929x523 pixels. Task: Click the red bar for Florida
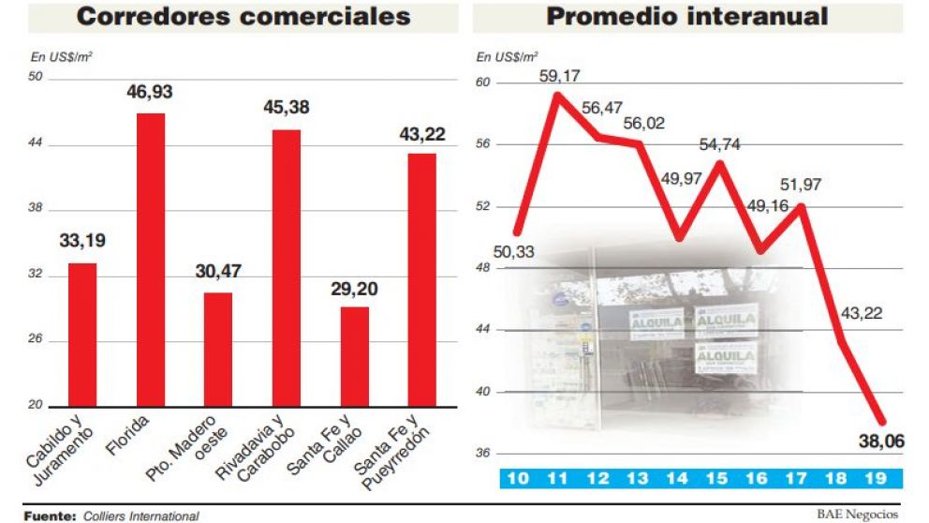[151, 260]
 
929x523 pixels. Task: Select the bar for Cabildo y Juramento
[82, 334]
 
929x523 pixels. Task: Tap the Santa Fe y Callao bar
[355, 356]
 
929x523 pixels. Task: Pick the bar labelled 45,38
[287, 267]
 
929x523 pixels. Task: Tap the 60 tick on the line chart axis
[484, 82]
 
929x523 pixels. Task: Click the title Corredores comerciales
[243, 16]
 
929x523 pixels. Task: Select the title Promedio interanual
[687, 16]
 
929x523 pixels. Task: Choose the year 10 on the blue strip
[517, 479]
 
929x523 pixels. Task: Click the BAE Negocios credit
[857, 514]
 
